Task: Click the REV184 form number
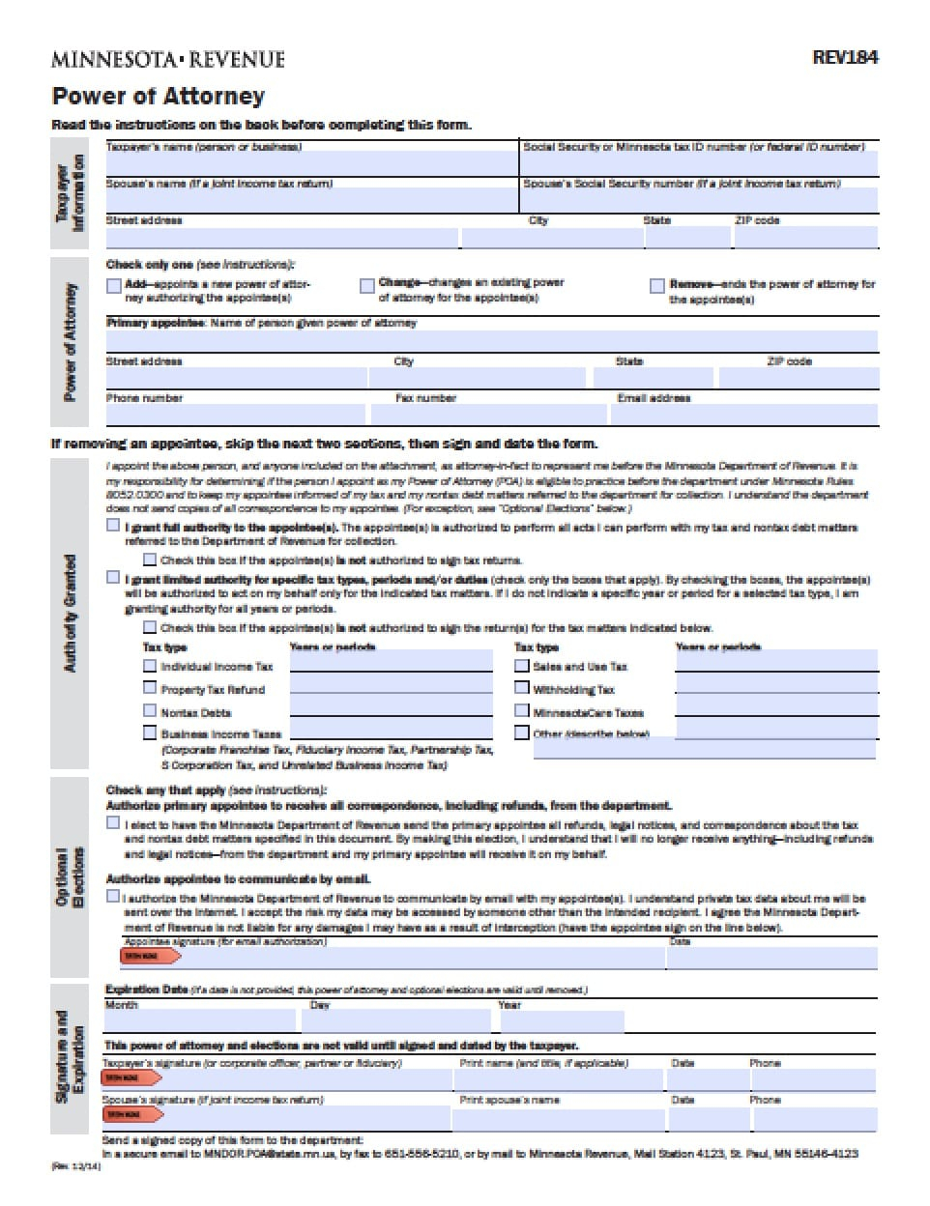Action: (845, 57)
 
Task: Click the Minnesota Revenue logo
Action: (168, 60)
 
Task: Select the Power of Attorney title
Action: (158, 96)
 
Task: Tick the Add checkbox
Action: (114, 286)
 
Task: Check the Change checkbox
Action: (366, 285)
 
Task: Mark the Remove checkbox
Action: (657, 286)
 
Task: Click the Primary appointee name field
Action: (491, 341)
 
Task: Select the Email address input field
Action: (743, 415)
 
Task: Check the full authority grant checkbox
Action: (113, 527)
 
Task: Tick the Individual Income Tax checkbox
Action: (150, 666)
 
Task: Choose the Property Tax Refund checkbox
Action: (150, 688)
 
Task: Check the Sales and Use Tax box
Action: (522, 666)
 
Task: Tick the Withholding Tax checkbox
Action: (522, 688)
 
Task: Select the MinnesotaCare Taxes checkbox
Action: (522, 711)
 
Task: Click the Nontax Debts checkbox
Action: (150, 711)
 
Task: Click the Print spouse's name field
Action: (558, 1119)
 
